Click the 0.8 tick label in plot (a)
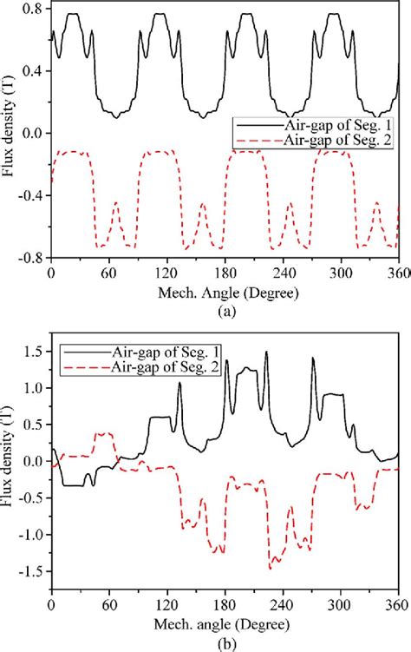click(33, 9)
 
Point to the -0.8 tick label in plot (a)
click(30, 257)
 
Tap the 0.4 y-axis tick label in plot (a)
click(33, 70)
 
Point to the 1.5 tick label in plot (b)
click(33, 352)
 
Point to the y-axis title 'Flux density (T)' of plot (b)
click(10, 463)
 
